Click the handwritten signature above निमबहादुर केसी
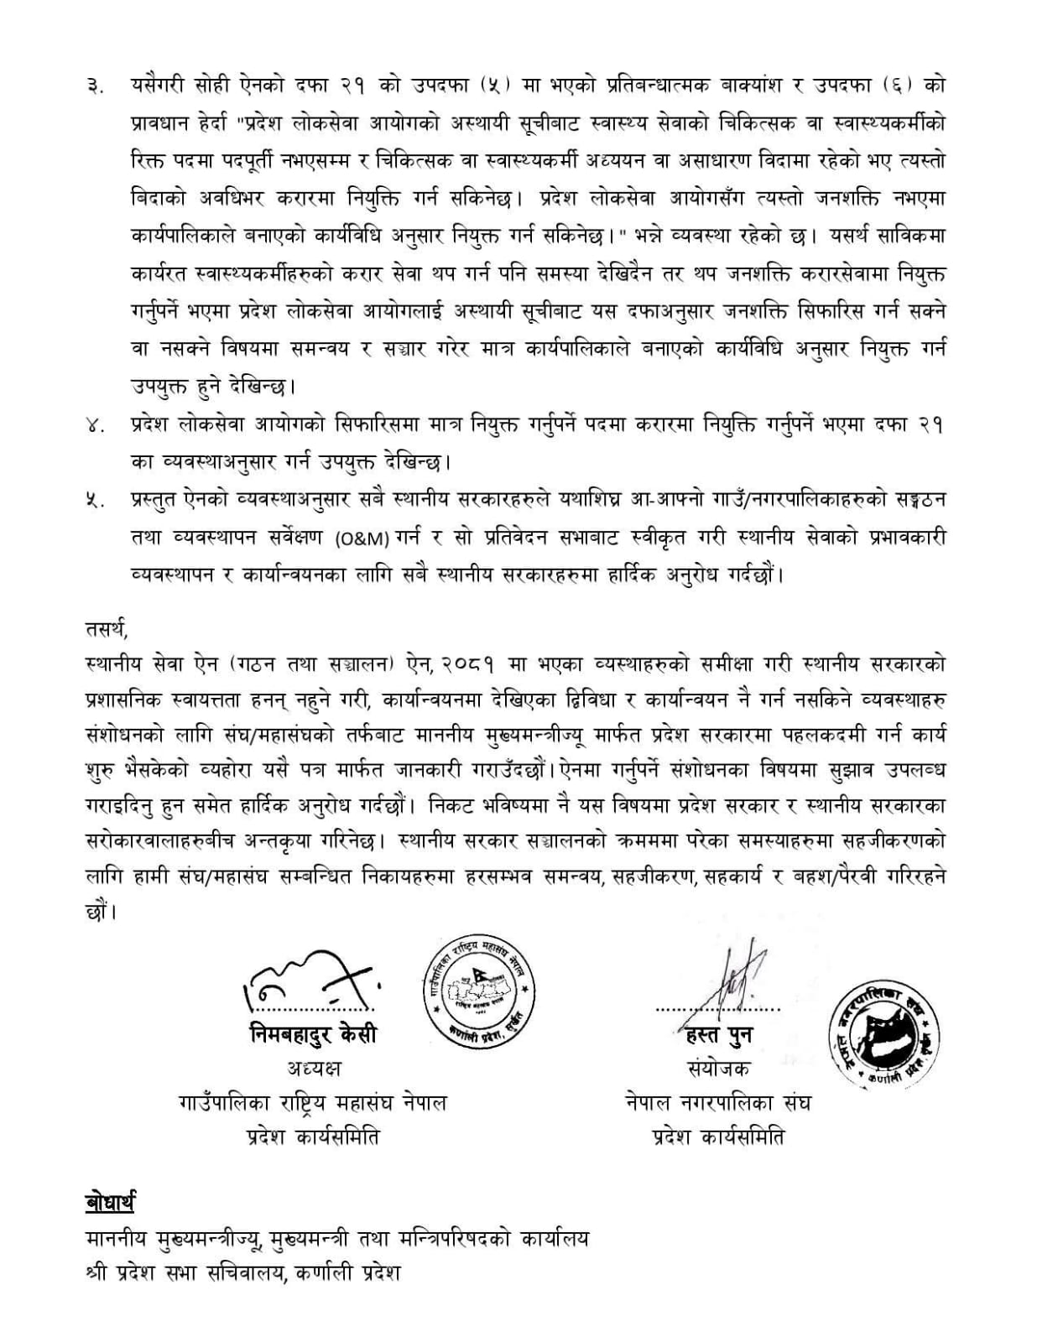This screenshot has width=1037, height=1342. [310, 977]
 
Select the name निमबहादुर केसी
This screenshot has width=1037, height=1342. [312, 1033]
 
